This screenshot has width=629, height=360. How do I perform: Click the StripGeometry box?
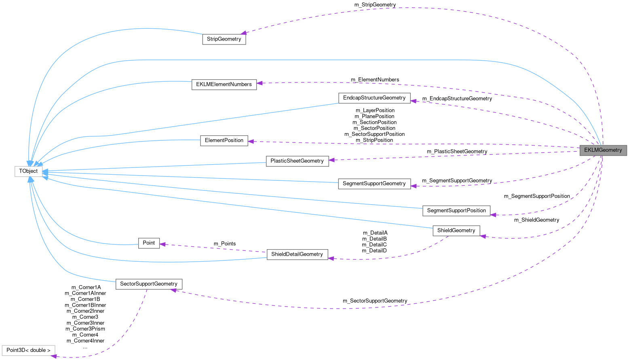pos(224,39)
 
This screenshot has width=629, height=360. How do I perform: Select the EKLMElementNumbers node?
pos(224,84)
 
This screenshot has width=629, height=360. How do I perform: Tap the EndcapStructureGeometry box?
pos(374,97)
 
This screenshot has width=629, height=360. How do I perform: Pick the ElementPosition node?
pos(224,140)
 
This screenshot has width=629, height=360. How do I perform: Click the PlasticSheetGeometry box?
pos(297,161)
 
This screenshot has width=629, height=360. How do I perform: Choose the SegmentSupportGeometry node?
pos(374,184)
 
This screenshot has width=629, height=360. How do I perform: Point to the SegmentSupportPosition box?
pos(456,210)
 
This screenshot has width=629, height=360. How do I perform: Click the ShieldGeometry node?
pos(456,231)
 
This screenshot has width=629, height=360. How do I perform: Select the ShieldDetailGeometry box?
pos(297,254)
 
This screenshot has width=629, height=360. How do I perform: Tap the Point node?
pos(149,243)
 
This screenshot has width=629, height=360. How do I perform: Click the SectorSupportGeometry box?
pos(149,284)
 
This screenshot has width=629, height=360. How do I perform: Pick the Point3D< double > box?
pos(28,350)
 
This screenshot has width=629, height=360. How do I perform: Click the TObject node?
pos(28,171)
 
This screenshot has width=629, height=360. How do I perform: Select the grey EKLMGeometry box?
pos(603,150)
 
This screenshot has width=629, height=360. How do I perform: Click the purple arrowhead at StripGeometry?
pos(243,33)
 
